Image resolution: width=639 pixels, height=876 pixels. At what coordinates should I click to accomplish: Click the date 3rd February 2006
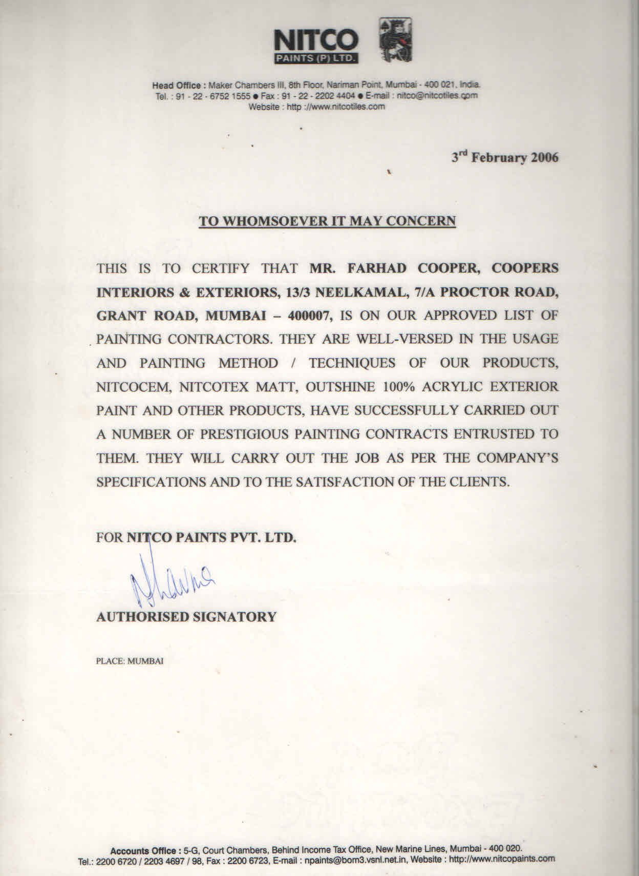pos(504,157)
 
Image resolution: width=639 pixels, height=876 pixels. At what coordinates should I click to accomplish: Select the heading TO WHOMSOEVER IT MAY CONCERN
pos(327,221)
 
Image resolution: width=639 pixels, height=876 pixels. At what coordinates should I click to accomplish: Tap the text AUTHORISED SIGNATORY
pos(186,616)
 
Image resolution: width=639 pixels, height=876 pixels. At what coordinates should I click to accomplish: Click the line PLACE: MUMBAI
pos(130,661)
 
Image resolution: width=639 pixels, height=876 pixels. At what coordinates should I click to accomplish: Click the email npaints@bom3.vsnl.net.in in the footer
pos(356,860)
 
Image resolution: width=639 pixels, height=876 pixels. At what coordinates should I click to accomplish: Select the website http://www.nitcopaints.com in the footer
pos(502,859)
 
